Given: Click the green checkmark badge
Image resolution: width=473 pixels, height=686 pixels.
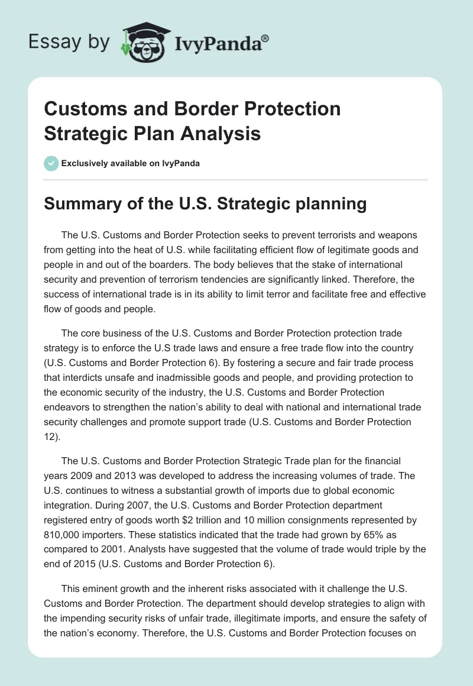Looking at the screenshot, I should (x=51, y=163).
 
